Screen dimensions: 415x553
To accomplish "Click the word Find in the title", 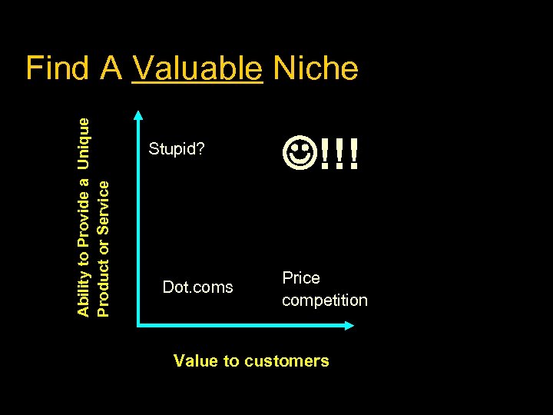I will coord(57,68).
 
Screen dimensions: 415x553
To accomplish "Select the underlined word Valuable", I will coord(197,68).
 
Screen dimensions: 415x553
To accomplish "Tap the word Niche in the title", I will coord(316,68).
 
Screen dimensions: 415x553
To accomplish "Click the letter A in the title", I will coord(111,68).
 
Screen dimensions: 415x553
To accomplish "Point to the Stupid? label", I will coord(176,148).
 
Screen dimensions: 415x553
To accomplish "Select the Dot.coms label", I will coord(197,287).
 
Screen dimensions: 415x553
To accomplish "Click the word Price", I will coord(301,277).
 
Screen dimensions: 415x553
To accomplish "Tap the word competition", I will coord(324,300).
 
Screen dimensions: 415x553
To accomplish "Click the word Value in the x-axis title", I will coord(196,360).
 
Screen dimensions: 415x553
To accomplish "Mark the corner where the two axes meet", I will coord(138,325).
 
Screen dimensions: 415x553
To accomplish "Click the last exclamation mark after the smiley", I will coord(353,154).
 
